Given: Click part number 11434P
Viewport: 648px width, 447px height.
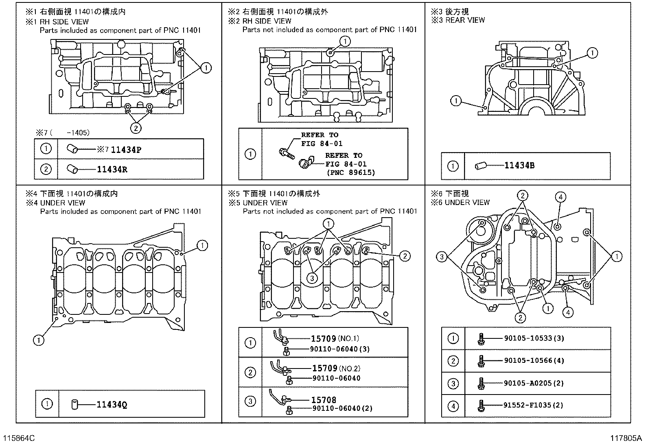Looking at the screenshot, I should pos(126,150).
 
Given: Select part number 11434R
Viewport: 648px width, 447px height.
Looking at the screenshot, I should pos(112,169).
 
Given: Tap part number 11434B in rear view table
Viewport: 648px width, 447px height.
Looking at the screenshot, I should pos(519,166).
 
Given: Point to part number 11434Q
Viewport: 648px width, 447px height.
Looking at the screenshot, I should pos(112,405).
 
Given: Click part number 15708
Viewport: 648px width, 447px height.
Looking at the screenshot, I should pos(324,400).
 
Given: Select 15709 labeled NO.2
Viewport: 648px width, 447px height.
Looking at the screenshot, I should pos(324,368).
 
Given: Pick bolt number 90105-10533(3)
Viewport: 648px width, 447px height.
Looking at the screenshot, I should pos(534,338).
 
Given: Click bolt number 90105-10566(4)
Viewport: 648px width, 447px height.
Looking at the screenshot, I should pos(534,361).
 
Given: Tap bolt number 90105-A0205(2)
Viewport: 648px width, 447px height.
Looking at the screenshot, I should pos(534,383).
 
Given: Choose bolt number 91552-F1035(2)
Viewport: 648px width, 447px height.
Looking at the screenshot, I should pos(534,406).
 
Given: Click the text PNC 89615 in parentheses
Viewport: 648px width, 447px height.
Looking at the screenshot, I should pos(350,172).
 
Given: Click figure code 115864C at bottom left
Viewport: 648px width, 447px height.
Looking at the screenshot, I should pos(19,438).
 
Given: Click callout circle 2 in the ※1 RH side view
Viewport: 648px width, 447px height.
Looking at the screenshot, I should pos(136,128).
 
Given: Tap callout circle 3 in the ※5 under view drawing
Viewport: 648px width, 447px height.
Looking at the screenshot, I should pos(312,278).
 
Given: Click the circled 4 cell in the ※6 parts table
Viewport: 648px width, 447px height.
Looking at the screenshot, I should pos(453,406).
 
